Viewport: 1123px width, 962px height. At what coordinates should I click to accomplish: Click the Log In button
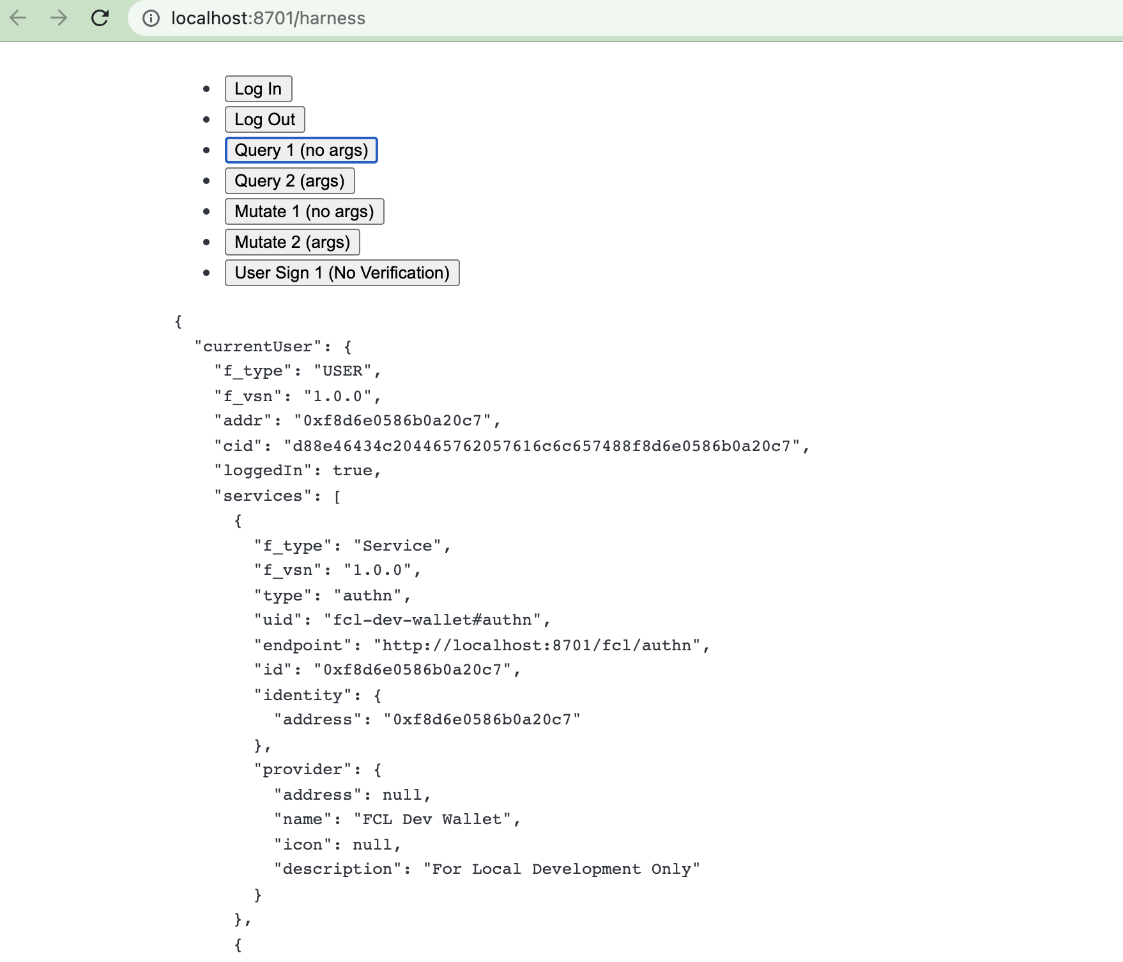(258, 89)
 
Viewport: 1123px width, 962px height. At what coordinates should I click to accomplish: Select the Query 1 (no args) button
(301, 150)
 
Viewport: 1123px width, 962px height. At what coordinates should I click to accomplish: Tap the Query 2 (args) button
(289, 181)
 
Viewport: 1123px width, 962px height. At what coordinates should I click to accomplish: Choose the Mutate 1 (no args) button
(304, 211)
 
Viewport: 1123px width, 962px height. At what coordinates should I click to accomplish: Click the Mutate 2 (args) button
(292, 242)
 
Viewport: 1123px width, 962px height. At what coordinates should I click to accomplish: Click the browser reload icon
(100, 18)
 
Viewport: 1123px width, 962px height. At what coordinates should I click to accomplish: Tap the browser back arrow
(19, 18)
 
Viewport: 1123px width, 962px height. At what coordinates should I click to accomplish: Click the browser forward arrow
(59, 18)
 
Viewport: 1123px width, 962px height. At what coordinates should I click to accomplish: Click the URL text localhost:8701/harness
(268, 18)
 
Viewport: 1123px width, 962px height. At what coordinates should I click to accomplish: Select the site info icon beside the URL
(151, 19)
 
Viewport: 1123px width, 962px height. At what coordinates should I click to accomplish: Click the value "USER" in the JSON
(342, 371)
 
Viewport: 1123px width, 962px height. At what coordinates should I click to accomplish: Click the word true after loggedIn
(352, 471)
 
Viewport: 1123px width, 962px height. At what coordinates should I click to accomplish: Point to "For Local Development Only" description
(561, 869)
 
